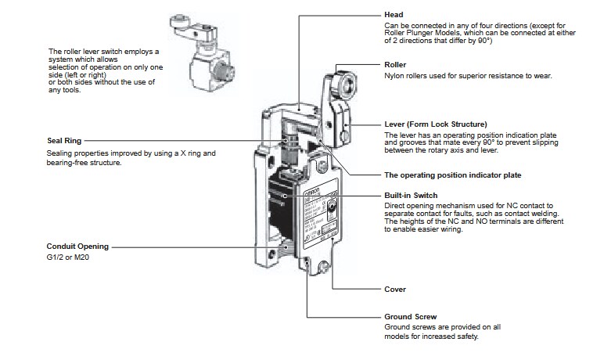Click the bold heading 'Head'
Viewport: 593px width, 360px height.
point(394,15)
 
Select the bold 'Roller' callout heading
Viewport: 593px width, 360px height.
point(396,64)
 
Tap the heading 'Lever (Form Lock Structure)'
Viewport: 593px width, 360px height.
point(435,124)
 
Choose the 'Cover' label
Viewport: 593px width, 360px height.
point(395,289)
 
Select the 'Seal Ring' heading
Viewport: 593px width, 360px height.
point(65,141)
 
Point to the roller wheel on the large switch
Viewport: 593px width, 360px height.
point(343,82)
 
